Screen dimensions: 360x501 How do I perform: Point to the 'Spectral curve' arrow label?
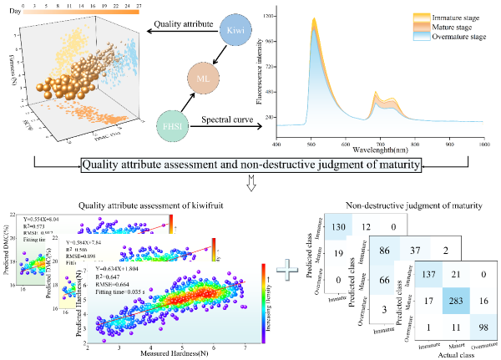tap(230, 121)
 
